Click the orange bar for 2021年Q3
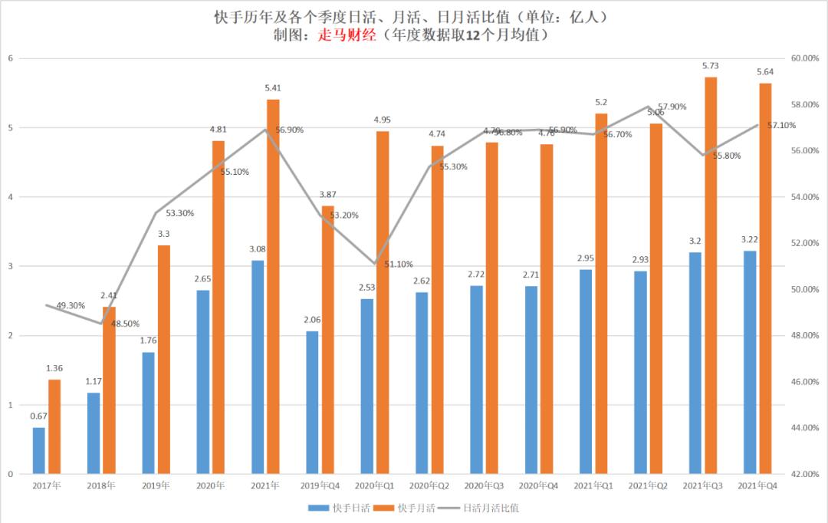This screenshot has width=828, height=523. [x=711, y=276]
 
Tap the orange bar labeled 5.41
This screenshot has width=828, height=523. [x=273, y=287]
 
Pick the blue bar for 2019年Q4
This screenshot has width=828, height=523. [x=312, y=403]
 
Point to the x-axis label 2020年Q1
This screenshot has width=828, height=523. [x=375, y=485]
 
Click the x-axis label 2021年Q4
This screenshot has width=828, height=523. [x=757, y=485]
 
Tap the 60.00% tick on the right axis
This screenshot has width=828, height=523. [x=805, y=58]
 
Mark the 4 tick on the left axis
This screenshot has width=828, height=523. [x=10, y=197]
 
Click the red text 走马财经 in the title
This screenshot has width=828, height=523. [x=347, y=35]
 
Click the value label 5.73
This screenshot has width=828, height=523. [x=711, y=67]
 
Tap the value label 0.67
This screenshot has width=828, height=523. [x=38, y=416]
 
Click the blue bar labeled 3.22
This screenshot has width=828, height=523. [x=749, y=362]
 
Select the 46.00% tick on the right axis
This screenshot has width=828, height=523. [x=805, y=382]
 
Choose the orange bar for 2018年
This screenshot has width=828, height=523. [x=109, y=390]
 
